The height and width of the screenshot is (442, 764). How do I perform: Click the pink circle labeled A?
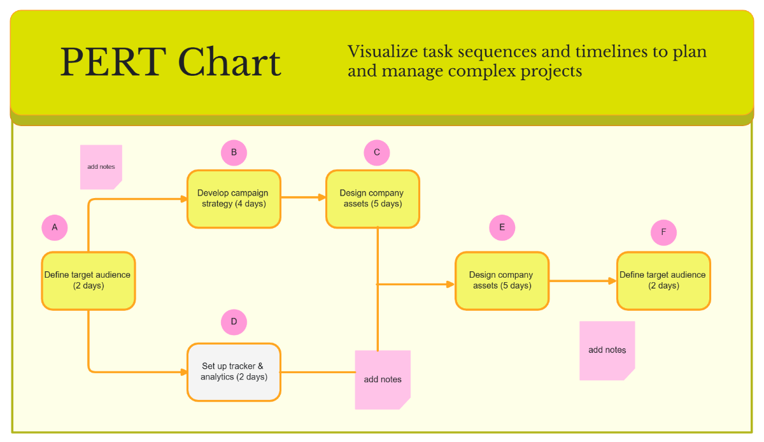(55, 227)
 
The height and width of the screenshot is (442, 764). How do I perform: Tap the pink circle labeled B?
(234, 153)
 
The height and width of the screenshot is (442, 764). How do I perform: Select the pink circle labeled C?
(377, 153)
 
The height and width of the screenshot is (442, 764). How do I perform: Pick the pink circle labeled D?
(234, 322)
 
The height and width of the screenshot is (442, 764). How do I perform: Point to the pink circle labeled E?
(502, 227)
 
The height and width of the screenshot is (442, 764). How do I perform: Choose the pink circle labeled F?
(663, 232)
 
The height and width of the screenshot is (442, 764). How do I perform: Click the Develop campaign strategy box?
(234, 199)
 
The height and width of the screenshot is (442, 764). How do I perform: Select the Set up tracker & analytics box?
(234, 372)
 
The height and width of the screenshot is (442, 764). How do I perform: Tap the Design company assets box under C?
(372, 199)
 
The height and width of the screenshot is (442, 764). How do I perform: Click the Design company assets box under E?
(502, 281)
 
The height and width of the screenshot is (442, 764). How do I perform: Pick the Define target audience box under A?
(88, 281)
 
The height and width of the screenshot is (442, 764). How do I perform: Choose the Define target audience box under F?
(663, 281)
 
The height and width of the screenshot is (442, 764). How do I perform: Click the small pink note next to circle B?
(101, 167)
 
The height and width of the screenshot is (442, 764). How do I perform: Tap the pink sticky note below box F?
(607, 350)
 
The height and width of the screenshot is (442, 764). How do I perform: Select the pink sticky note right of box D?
(383, 380)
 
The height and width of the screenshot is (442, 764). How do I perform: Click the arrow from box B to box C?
(303, 197)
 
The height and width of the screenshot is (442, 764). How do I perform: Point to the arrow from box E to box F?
(583, 281)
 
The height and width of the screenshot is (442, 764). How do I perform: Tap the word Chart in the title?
(229, 62)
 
